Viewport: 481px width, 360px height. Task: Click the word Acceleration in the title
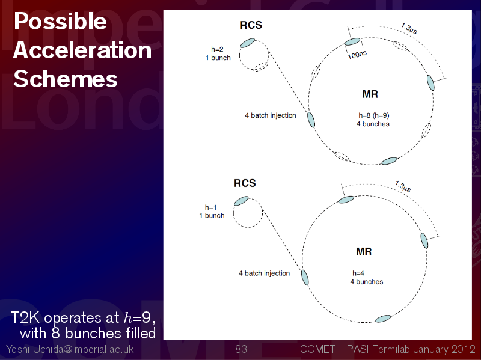point(82,50)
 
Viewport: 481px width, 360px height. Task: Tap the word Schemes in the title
point(66,79)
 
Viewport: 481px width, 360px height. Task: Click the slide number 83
point(241,349)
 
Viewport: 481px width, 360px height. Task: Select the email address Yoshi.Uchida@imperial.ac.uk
point(70,349)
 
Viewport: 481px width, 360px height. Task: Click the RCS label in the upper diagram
point(251,25)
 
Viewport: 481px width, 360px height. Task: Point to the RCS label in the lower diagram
point(245,183)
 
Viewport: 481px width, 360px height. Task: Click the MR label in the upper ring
point(370,94)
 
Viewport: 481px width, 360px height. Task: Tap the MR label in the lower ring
point(364,252)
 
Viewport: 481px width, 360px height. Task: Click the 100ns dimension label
point(357,55)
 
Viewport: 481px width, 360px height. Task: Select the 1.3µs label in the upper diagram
point(409,28)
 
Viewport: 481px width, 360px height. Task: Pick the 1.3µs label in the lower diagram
point(403,186)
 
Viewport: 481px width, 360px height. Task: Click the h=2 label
point(217,49)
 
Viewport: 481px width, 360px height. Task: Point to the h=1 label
point(211,207)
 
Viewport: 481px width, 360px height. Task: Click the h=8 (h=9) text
point(374,115)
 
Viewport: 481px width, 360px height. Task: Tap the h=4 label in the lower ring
point(358,273)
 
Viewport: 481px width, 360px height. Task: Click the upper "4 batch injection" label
point(271,115)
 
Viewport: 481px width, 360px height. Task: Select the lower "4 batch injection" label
point(265,273)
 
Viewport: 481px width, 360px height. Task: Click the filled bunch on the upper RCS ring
point(247,43)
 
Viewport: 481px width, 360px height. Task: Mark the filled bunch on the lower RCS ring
point(241,201)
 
